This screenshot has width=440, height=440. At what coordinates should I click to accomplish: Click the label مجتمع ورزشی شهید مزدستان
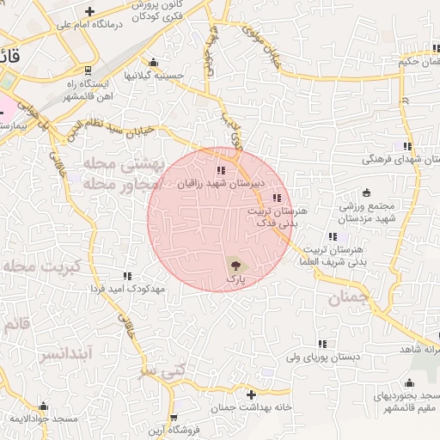click(x=372, y=214)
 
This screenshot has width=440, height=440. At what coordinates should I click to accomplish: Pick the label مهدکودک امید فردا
click(x=127, y=289)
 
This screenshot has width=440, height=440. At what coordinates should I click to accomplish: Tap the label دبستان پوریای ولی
click(x=321, y=355)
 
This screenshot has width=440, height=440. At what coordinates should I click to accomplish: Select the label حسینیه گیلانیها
click(x=154, y=76)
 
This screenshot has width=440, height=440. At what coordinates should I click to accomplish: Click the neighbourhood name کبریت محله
click(x=40, y=266)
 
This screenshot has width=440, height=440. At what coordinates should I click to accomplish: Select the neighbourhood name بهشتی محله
click(x=119, y=162)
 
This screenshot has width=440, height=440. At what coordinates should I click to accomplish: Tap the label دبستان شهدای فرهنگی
click(x=402, y=159)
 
